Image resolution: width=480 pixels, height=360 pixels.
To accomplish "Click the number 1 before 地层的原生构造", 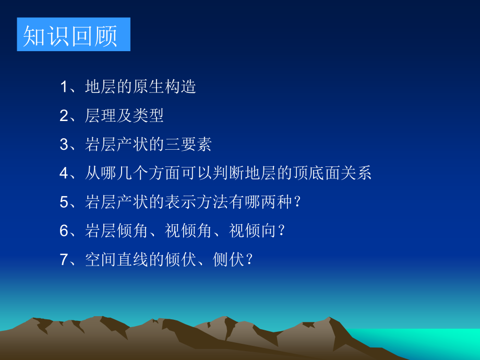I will coord(64,87).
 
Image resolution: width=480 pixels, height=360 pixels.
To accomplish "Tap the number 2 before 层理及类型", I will coord(64,115).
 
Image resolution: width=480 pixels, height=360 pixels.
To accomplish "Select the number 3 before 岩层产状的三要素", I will coord(64,144).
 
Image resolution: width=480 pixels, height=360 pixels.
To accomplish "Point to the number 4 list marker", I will coord(64,173).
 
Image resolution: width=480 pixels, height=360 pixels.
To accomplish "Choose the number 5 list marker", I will coord(64,201).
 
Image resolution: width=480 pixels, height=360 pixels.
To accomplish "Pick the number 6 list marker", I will coord(64,230).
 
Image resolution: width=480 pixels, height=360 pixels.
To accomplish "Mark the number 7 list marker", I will coord(64,259).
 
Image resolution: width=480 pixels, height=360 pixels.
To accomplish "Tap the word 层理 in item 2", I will coord(98,115).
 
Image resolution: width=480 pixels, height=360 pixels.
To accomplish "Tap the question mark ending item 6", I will coord(282,231).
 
